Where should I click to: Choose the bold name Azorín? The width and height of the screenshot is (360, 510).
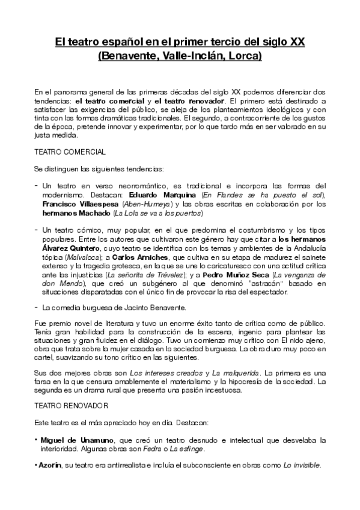50,465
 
